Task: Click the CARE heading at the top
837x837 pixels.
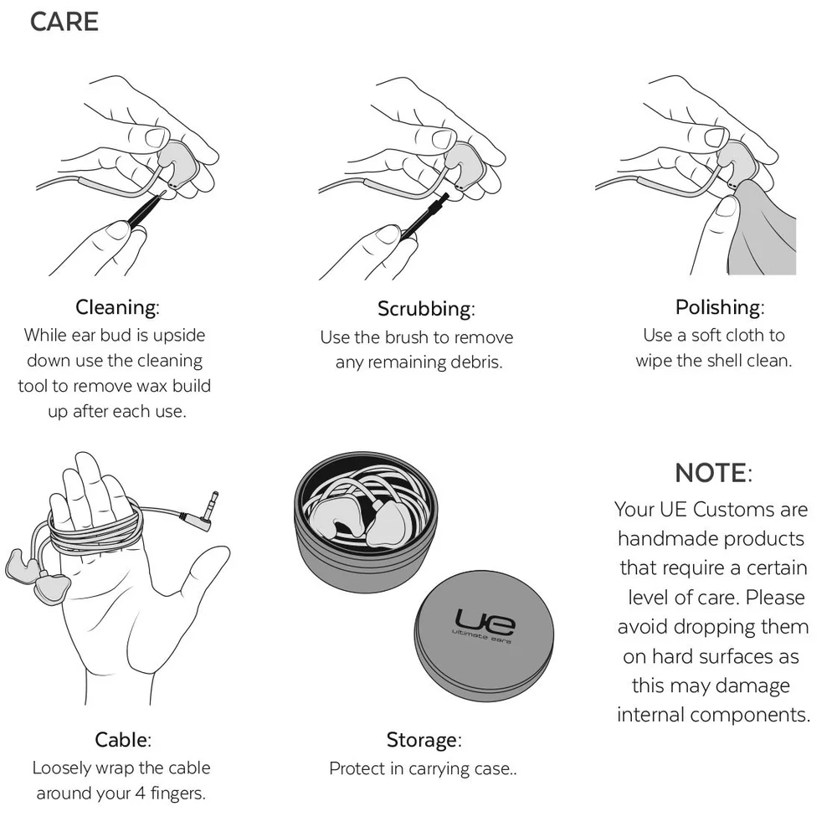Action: click(x=64, y=22)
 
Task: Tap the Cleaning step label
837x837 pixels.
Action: click(x=116, y=307)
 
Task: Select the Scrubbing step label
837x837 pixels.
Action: click(x=426, y=309)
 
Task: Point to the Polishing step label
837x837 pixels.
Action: click(x=720, y=307)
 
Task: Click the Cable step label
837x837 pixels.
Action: click(x=122, y=740)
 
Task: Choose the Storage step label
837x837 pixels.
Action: click(x=424, y=740)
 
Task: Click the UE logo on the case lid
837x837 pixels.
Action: click(x=485, y=622)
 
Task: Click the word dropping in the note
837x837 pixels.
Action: click(x=710, y=627)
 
